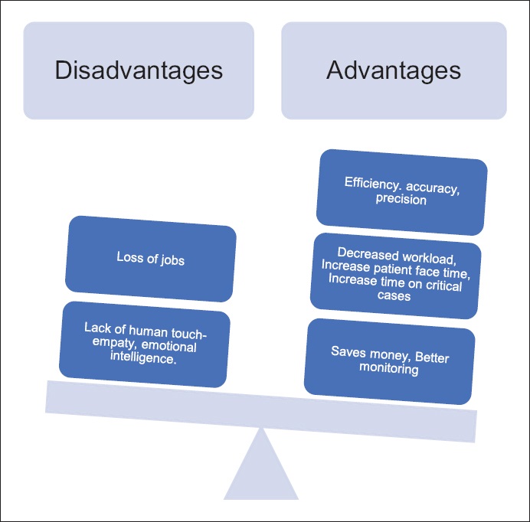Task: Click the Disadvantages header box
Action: pos(139,70)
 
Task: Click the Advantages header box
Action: pos(394,70)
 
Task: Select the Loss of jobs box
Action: pos(150,259)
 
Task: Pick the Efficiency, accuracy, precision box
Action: pos(401,191)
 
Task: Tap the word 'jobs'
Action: pos(172,259)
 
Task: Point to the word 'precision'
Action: pos(401,199)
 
